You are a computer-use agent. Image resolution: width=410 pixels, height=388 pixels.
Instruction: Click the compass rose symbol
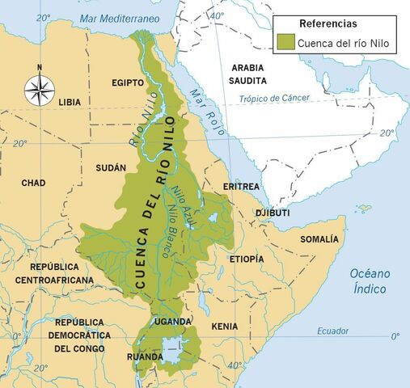tap(39, 88)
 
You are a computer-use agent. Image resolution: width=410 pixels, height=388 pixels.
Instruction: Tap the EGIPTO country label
tap(128, 82)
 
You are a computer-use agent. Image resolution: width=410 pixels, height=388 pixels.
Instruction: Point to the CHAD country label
tap(33, 183)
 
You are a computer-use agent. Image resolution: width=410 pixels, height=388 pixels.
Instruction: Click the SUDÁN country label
tap(111, 167)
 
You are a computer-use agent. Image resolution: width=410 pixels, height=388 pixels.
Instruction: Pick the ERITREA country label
tap(240, 187)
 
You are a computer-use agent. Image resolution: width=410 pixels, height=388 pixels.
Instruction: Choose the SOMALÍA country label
tap(319, 239)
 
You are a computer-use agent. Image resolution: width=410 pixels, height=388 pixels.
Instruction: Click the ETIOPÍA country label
tap(246, 259)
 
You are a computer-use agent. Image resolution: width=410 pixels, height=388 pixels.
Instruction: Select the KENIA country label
tap(224, 326)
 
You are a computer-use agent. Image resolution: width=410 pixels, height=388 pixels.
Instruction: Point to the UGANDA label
tap(172, 321)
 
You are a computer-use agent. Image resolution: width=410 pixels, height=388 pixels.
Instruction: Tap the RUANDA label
tap(146, 356)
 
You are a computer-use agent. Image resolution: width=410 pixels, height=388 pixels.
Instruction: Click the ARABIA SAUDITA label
tap(252, 75)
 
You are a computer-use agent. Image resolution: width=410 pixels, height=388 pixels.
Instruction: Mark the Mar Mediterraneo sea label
tap(119, 18)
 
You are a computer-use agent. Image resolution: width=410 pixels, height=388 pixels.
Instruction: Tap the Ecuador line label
tap(332, 330)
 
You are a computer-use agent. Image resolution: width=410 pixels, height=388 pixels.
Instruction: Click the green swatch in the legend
tap(285, 41)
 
